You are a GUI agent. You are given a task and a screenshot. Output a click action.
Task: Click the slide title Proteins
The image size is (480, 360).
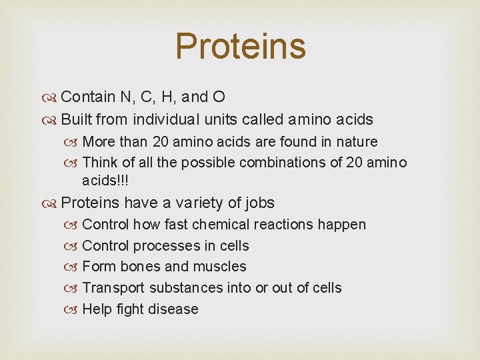click(240, 46)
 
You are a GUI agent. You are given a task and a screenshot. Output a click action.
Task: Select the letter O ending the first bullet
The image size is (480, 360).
click(218, 97)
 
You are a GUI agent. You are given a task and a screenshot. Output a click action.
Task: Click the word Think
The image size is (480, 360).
click(100, 163)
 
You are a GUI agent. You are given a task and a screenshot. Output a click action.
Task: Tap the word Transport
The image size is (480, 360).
click(113, 288)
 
